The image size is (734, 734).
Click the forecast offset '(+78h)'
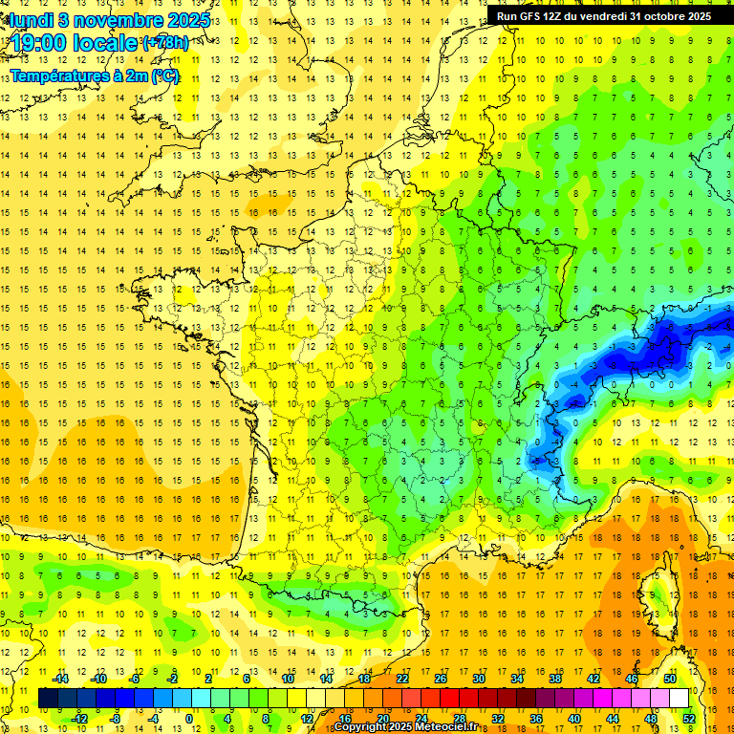[165, 44]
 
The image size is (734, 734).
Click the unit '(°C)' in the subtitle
[163, 76]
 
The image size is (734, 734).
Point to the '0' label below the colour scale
[189, 719]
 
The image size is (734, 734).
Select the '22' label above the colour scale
[402, 679]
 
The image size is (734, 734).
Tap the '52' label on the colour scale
[688, 719]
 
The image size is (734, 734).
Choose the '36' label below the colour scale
[535, 719]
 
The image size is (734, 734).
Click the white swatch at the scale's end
[679, 699]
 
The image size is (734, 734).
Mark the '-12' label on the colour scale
[79, 719]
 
